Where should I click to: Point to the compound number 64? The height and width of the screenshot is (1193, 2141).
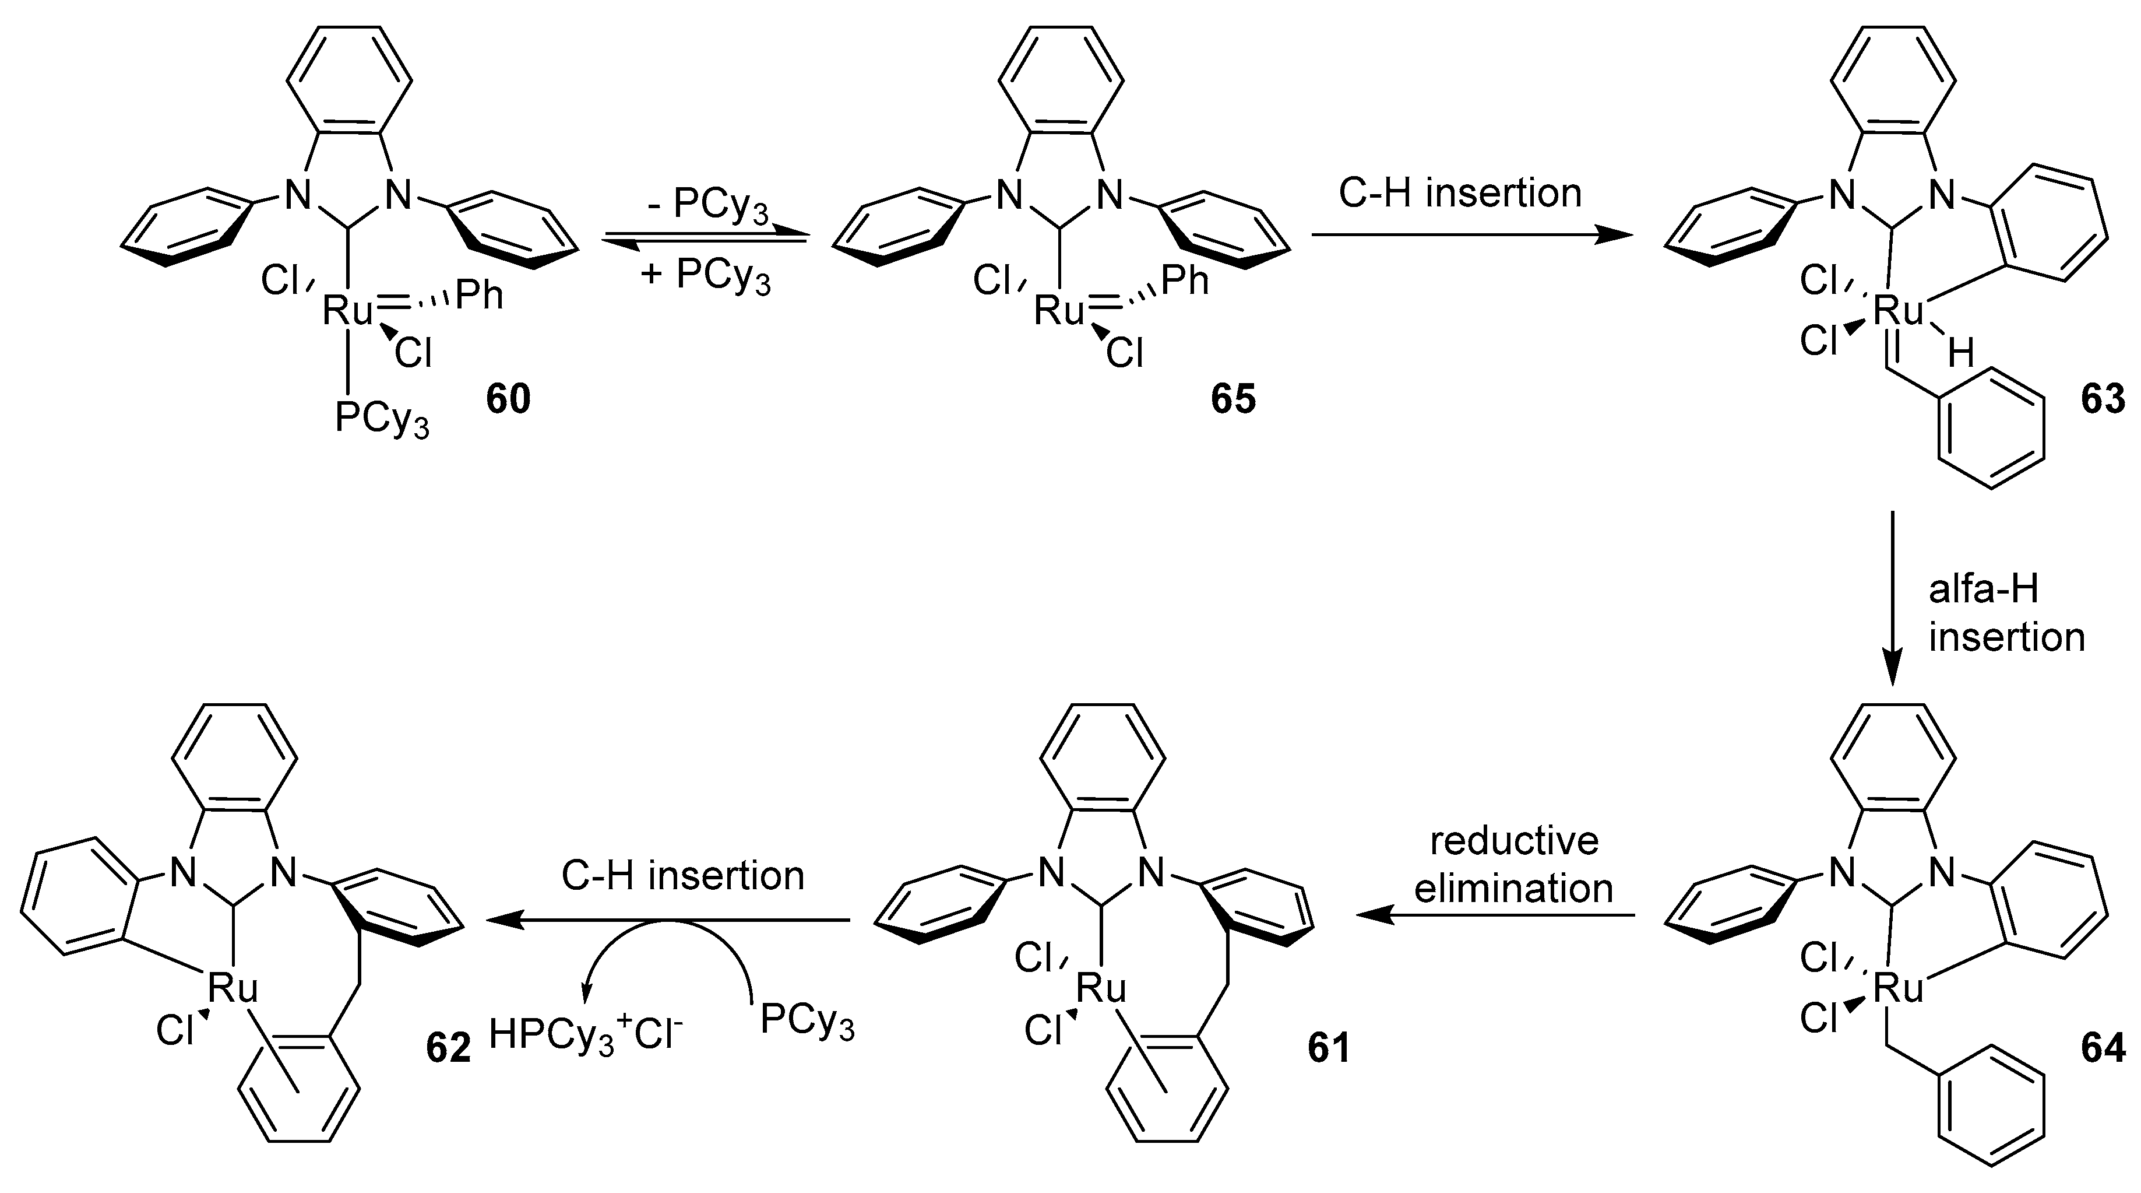click(x=2103, y=1048)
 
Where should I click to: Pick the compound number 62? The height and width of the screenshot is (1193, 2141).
click(x=448, y=1048)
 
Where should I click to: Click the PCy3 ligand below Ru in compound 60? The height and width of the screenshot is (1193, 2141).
click(x=382, y=418)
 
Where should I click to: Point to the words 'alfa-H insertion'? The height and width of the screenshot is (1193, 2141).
click(x=2006, y=613)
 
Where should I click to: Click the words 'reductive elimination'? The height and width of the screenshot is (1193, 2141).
click(x=1513, y=865)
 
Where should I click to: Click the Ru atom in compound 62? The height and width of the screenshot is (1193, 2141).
click(x=232, y=988)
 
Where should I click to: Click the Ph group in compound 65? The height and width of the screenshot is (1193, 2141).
click(x=1184, y=280)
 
